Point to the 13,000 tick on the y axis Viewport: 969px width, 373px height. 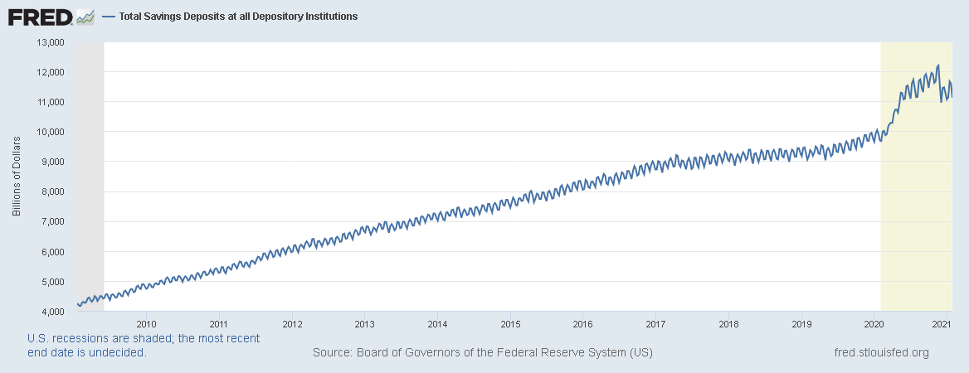49,42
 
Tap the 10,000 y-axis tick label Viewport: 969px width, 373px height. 49,132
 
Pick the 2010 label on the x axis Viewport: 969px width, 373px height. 146,324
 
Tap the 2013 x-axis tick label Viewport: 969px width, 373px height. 364,324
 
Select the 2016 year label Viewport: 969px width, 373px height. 583,324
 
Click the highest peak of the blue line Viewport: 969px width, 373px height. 937,65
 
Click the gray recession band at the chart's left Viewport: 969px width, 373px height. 90,166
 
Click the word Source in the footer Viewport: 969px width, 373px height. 332,353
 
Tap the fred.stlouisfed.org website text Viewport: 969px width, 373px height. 880,353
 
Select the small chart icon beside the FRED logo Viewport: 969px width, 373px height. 85,17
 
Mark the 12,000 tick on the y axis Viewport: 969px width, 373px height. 49,72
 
